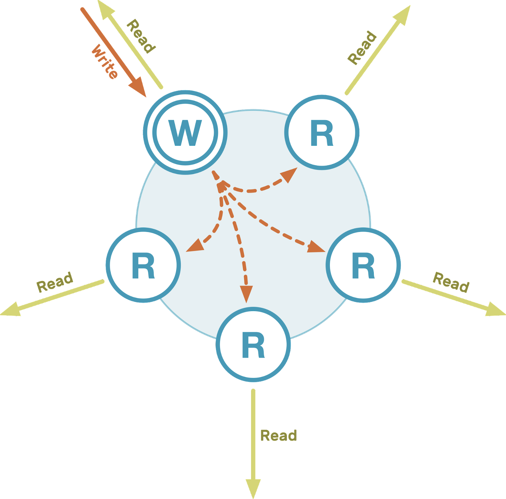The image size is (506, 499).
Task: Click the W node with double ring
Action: click(185, 132)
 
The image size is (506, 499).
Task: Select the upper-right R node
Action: click(322, 132)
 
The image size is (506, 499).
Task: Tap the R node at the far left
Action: click(143, 265)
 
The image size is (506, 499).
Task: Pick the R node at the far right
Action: click(363, 265)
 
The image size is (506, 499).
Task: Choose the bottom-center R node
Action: click(253, 345)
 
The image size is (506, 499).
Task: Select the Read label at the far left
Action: click(55, 282)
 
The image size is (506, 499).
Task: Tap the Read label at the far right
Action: click(451, 282)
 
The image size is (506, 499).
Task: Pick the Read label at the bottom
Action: click(278, 436)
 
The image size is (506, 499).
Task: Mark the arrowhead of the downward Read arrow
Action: click(253, 488)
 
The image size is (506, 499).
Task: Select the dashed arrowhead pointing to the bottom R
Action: click(246, 293)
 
